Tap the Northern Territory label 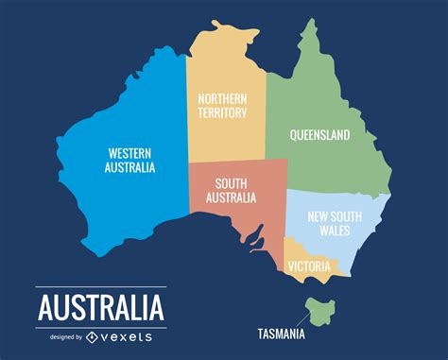coord(222,105)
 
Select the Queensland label coord(319,135)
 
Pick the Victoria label coord(310,266)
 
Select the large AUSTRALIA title coord(100,308)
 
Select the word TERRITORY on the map coord(222,112)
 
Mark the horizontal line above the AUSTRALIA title coord(100,287)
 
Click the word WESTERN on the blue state coord(130,152)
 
